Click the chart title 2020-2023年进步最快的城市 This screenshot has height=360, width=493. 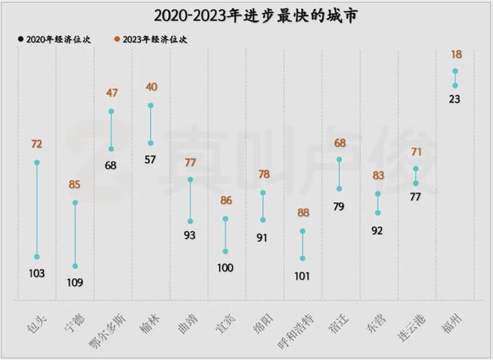click(246, 15)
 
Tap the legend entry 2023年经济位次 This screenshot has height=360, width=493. click(150, 40)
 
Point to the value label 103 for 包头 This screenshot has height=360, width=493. click(37, 273)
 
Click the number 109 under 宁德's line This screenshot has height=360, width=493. click(75, 282)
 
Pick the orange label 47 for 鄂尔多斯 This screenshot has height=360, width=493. click(111, 93)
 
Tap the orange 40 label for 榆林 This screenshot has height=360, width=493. click(151, 87)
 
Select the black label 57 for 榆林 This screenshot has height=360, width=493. click(151, 159)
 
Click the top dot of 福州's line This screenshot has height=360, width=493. click(454, 72)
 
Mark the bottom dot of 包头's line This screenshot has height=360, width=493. click(37, 257)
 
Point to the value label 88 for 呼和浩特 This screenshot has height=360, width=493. click(303, 213)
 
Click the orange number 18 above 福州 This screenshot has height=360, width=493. click(454, 54)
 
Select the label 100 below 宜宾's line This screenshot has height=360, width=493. click(226, 268)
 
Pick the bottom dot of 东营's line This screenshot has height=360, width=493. click(378, 213)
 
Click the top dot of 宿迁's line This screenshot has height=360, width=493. click(339, 160)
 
